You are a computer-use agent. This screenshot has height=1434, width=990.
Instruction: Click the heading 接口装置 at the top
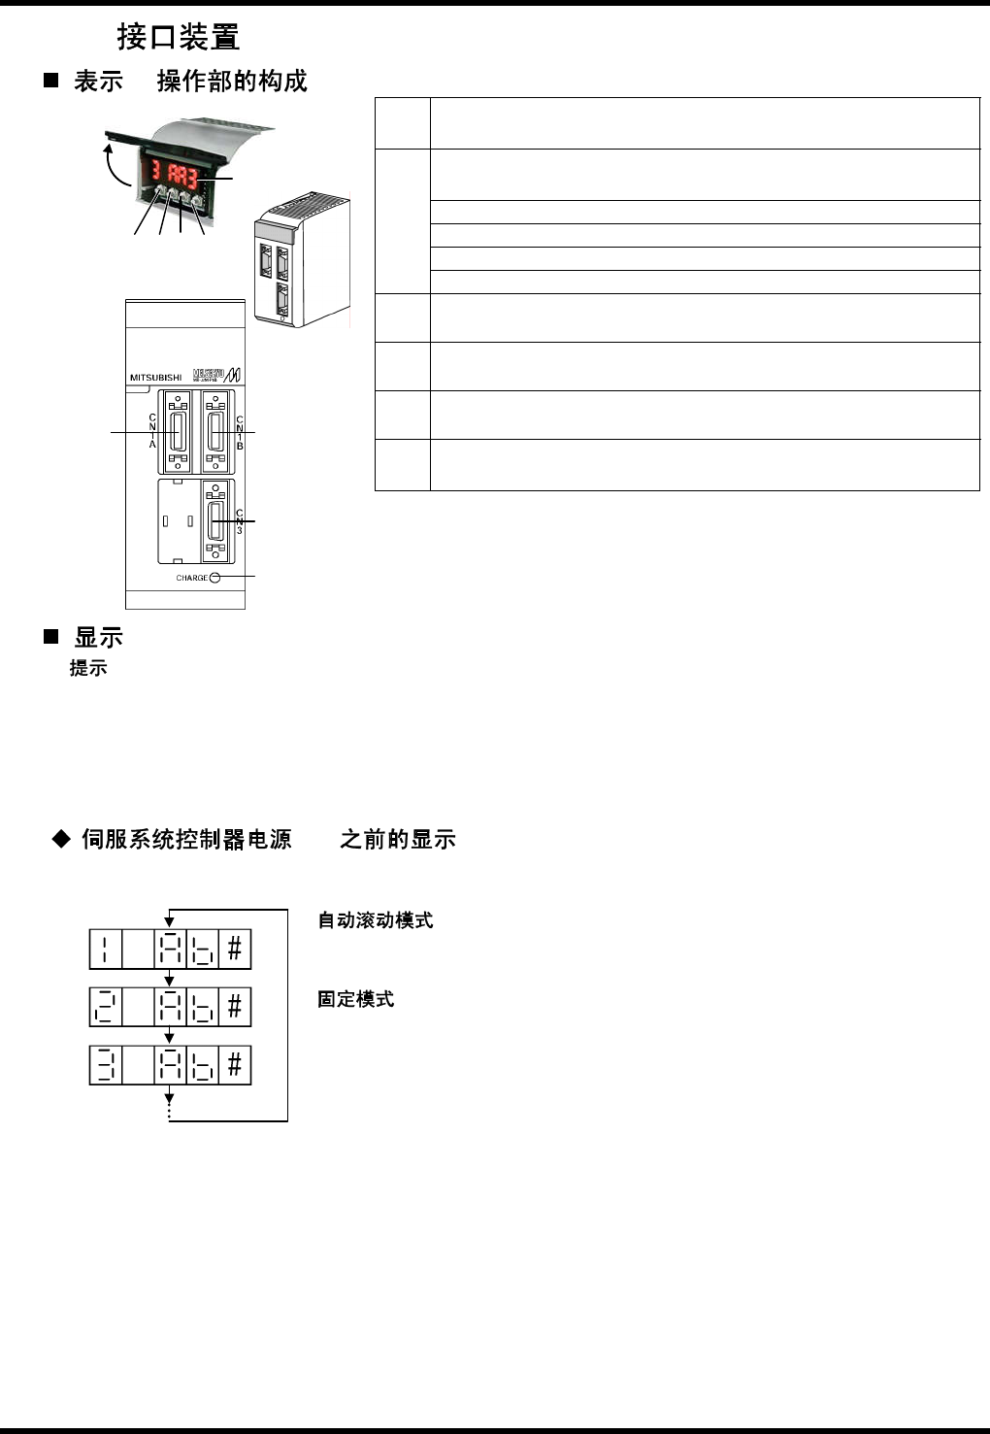click(x=179, y=37)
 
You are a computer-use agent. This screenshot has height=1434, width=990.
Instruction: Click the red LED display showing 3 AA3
click(x=175, y=175)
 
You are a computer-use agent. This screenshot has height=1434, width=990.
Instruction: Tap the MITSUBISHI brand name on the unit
click(x=155, y=378)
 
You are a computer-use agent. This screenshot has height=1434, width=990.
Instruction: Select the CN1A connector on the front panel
click(x=178, y=431)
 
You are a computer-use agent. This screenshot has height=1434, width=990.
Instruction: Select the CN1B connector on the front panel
click(x=216, y=431)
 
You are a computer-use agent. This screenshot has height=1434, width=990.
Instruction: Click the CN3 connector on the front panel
click(x=215, y=520)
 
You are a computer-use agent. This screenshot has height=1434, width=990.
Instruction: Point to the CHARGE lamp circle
click(x=215, y=578)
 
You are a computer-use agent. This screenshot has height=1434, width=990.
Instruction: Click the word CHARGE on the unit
click(x=191, y=578)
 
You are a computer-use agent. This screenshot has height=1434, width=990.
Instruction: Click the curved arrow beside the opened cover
click(x=115, y=165)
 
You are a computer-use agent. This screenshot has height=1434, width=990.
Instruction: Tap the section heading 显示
click(x=98, y=638)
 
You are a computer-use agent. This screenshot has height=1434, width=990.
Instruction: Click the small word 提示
click(x=88, y=668)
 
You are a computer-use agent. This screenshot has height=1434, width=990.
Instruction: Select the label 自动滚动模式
click(x=376, y=920)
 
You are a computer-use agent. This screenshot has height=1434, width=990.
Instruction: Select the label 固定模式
click(x=356, y=999)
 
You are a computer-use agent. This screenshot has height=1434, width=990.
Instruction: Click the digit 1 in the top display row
click(x=106, y=949)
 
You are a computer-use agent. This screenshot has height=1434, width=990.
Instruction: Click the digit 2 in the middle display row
click(x=106, y=1007)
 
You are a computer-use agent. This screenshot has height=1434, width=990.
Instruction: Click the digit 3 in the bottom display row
click(x=106, y=1065)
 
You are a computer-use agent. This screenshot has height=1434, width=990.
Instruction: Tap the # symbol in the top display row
click(x=235, y=949)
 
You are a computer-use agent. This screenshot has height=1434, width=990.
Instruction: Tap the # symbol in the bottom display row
click(x=235, y=1065)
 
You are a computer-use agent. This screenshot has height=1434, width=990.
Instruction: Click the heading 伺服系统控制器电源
click(x=187, y=839)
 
